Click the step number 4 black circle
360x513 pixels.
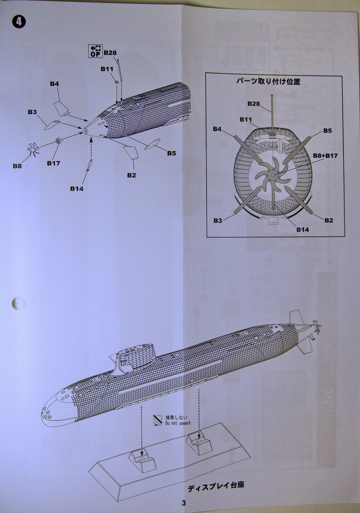[x=19, y=22]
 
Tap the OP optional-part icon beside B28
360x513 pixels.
[x=95, y=51]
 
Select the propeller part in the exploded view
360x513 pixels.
[x=34, y=149]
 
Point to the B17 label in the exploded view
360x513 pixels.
[x=54, y=163]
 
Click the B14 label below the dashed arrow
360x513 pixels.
[x=77, y=189]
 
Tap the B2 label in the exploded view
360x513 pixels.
[x=131, y=175]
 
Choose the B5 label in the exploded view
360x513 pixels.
[x=171, y=153]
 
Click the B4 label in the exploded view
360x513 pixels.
[x=54, y=84]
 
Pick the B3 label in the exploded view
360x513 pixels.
[x=32, y=112]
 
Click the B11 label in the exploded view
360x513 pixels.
[x=107, y=69]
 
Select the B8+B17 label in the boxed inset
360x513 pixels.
[x=325, y=156]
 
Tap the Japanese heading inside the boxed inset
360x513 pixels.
[x=268, y=82]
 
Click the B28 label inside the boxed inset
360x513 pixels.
[x=253, y=104]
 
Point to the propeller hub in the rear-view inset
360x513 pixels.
[x=272, y=174]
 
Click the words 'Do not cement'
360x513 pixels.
[x=178, y=423]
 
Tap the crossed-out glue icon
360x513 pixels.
[x=158, y=420]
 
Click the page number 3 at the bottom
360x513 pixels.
[x=184, y=503]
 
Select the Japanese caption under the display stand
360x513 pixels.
[x=216, y=486]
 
